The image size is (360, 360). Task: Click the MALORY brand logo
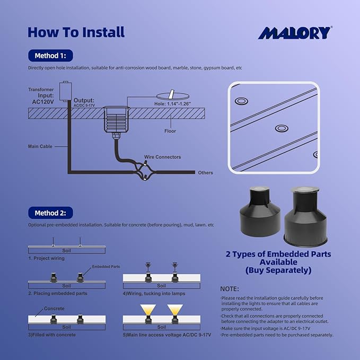pyautogui.click(x=295, y=32)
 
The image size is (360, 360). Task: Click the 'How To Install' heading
pyautogui.click(x=76, y=32)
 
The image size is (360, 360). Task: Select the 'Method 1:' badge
pyautogui.click(x=50, y=56)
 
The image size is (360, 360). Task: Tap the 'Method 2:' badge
pyautogui.click(x=50, y=213)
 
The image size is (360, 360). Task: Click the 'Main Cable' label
pyautogui.click(x=40, y=146)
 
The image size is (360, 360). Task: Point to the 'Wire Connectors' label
pyautogui.click(x=162, y=157)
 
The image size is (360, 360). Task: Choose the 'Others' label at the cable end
pyautogui.click(x=205, y=173)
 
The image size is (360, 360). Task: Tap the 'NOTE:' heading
pyautogui.click(x=230, y=289)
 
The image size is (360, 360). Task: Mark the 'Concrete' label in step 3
pyautogui.click(x=54, y=309)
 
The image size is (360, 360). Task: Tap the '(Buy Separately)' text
pyautogui.click(x=278, y=270)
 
